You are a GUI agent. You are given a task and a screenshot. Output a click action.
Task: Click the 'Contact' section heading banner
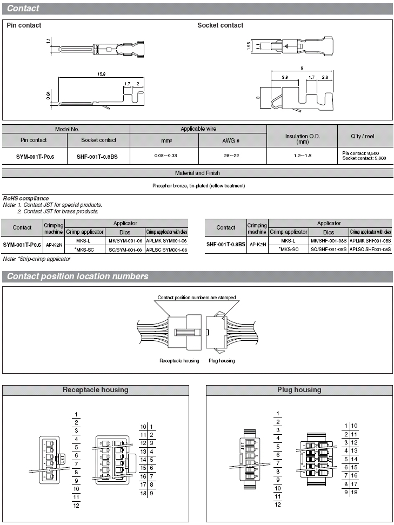pyautogui.click(x=23, y=9)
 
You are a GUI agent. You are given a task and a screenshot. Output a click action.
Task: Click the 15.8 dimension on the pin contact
pyautogui.click(x=101, y=75)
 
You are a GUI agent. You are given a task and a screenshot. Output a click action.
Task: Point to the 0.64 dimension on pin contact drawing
pyautogui.click(x=49, y=95)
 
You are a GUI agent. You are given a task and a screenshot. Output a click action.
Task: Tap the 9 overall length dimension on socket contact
pyautogui.click(x=300, y=68)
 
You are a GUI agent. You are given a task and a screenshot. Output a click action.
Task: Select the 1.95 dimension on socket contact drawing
pyautogui.click(x=248, y=47)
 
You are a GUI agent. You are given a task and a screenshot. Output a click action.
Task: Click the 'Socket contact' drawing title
pyautogui.click(x=220, y=25)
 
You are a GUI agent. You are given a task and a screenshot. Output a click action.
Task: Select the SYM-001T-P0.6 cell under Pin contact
pyautogui.click(x=34, y=156)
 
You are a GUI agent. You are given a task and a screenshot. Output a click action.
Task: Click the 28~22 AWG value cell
pyautogui.click(x=232, y=156)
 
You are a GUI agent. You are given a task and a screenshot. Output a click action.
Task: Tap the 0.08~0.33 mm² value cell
pyautogui.click(x=164, y=156)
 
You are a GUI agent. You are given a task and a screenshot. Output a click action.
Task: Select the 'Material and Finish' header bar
pyautogui.click(x=197, y=173)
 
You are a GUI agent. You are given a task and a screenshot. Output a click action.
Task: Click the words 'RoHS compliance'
pyautogui.click(x=26, y=198)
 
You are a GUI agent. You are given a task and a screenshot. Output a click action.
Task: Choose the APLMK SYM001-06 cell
pyautogui.click(x=166, y=241)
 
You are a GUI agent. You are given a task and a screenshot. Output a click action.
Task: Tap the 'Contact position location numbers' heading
pyautogui.click(x=77, y=277)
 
